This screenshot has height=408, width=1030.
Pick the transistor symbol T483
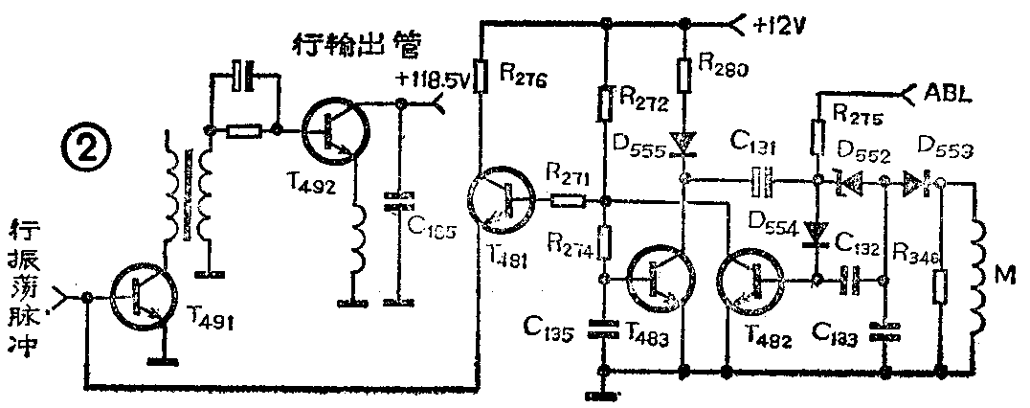657,278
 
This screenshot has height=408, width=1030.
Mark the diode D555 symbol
683,144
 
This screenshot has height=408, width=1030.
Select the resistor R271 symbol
567,201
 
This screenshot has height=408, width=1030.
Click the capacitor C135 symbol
602,328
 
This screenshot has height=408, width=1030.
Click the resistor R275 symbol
819,137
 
